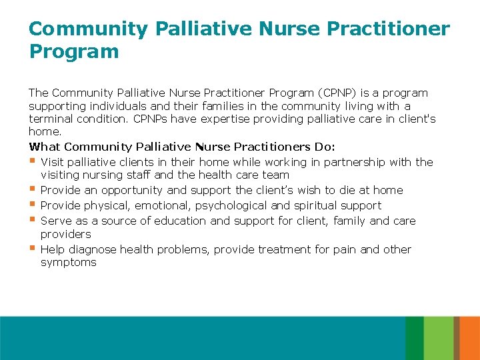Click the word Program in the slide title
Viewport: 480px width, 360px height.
click(x=74, y=51)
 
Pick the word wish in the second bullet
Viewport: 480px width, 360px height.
click(x=316, y=190)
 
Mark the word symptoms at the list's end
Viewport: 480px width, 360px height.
click(x=69, y=262)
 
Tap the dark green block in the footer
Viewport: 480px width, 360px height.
click(x=414, y=338)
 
